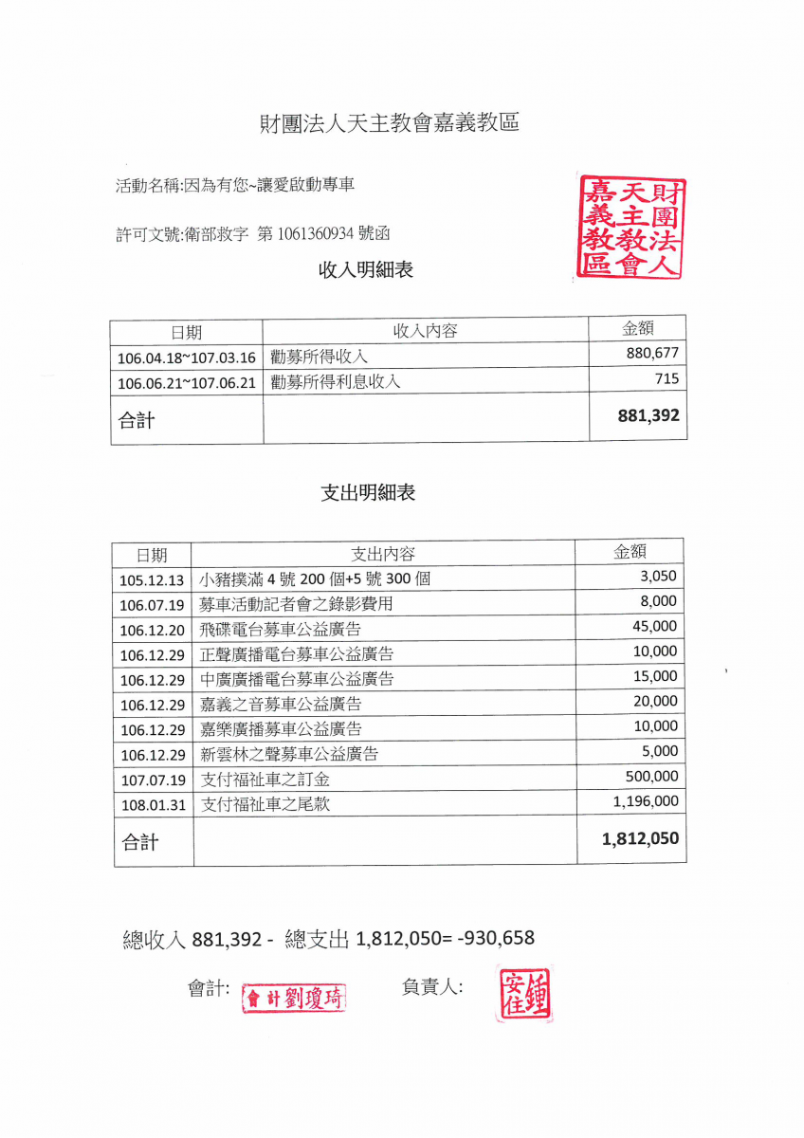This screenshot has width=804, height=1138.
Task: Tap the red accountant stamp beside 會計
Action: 294,998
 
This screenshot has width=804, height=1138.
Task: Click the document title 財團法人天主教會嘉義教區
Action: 390,123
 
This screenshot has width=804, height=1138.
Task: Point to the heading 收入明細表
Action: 366,270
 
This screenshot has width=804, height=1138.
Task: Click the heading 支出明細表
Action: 368,493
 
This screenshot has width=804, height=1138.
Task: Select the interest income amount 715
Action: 666,379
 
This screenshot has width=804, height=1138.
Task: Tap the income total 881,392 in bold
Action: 648,415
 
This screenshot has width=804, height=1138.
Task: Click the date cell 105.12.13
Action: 152,579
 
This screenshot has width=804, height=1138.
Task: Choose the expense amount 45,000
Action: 654,626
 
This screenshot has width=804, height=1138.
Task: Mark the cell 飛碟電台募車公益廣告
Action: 281,629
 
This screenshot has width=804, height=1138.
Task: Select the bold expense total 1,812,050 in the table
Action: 640,839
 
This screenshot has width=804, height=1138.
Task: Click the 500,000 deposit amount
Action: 651,776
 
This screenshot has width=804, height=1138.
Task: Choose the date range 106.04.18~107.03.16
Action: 187,358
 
